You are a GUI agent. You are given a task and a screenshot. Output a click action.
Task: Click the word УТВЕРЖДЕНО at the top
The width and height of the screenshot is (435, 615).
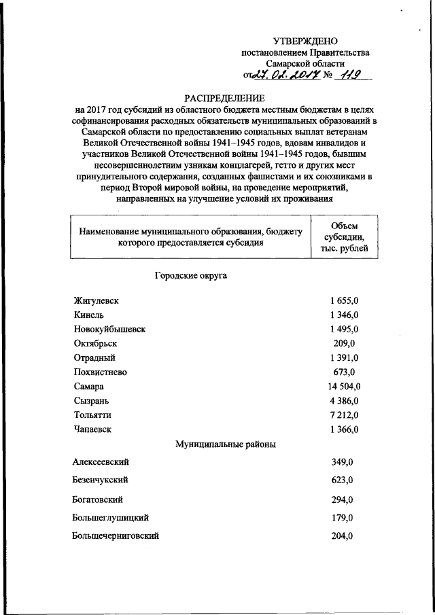point(305,41)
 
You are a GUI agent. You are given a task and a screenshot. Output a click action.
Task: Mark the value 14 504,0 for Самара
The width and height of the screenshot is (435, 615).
point(343,385)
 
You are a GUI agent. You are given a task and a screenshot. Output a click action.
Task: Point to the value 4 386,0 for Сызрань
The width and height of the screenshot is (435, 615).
point(343,400)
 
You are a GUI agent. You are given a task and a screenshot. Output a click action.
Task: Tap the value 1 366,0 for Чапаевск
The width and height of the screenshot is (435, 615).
point(343,428)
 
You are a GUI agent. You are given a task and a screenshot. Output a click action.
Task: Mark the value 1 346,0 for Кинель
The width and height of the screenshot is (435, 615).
point(343,314)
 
